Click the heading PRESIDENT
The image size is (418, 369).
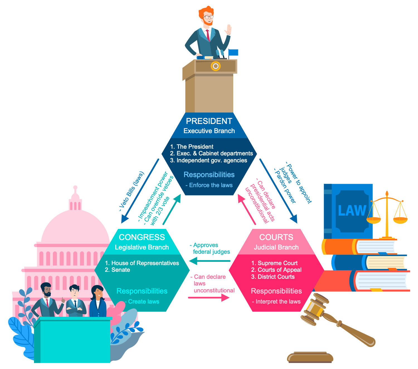209,121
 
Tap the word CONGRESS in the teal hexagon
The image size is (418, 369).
142,237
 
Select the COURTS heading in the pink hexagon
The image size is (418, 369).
276,237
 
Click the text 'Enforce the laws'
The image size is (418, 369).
211,185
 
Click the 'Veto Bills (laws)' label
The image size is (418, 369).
132,191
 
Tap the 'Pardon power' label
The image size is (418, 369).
285,186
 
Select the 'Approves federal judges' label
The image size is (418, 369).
210,248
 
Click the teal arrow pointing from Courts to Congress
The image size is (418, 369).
209,261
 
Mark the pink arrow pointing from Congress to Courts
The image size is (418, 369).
209,298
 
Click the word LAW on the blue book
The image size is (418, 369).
352,211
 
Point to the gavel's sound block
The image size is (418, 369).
310,358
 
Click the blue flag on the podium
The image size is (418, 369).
233,53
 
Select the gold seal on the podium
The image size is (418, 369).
216,66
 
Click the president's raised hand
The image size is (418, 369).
229,30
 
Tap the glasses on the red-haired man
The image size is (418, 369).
209,17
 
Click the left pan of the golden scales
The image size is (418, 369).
373,220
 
